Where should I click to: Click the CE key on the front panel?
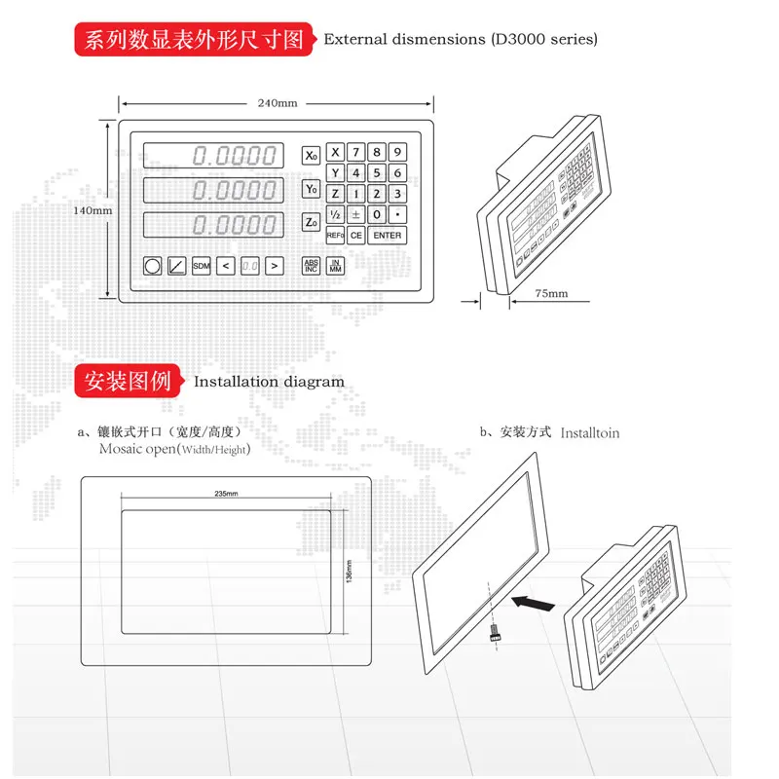356,236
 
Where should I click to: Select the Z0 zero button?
311,223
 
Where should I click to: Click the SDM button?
201,265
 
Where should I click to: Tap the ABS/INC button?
311,265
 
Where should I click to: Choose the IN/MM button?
335,265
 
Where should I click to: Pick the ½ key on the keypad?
335,214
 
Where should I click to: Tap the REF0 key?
335,236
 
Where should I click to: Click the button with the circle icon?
153,265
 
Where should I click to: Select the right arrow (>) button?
275,265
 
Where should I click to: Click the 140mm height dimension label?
93,210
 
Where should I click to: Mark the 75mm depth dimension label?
551,292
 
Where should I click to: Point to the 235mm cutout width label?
226,495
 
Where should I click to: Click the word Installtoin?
590,432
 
